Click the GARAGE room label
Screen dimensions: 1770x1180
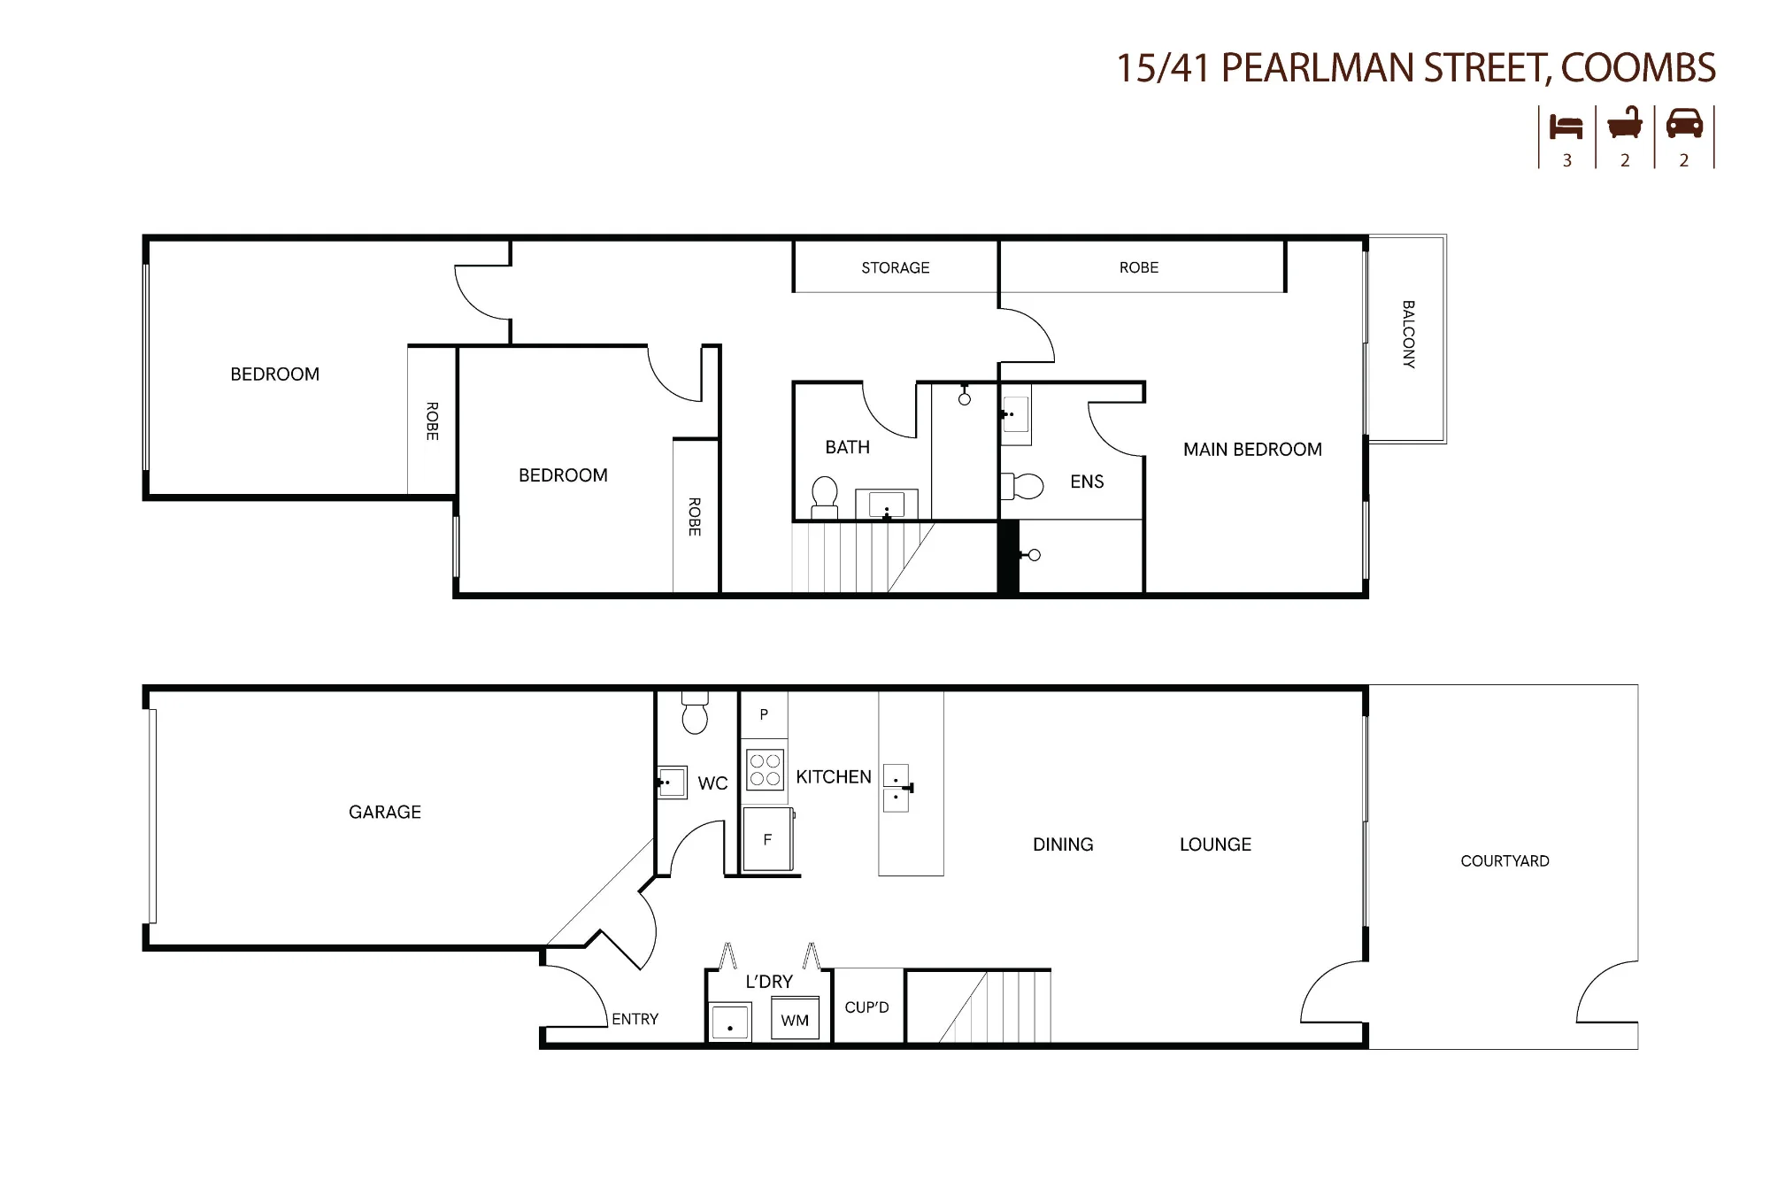coord(385,812)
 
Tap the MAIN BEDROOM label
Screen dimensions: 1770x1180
coord(1252,450)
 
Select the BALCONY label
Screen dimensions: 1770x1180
coord(1408,335)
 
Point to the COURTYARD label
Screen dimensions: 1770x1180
coord(1504,861)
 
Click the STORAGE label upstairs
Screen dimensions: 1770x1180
coord(896,267)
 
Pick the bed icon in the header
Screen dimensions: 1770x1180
coord(1566,127)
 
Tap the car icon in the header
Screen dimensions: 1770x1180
coord(1684,124)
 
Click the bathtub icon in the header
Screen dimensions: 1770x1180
coord(1625,123)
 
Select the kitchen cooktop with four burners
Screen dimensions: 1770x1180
coord(765,769)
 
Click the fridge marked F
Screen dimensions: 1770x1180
coord(767,839)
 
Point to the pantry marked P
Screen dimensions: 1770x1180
coord(764,715)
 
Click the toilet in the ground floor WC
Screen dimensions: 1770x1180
coord(696,713)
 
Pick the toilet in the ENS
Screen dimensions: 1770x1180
coord(1022,486)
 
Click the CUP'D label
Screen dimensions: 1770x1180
coord(866,1007)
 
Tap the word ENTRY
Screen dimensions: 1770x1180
coord(635,1019)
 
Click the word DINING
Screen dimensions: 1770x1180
coord(1063,845)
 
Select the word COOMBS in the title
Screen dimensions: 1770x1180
coord(1638,69)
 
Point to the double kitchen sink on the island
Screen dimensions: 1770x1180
coord(897,788)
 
